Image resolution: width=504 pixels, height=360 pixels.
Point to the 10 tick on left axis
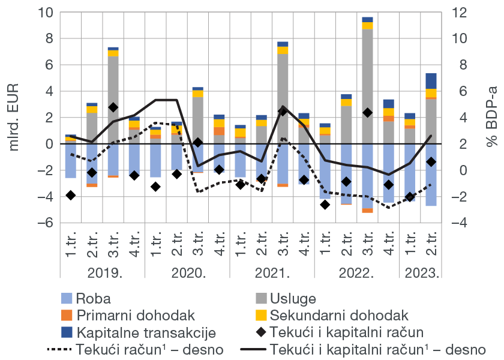[46, 12]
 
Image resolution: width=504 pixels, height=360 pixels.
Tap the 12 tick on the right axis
[458, 12]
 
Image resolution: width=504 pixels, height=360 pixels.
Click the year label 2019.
[103, 274]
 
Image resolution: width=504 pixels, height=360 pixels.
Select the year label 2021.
[273, 274]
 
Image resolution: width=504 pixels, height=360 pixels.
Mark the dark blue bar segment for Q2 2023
[431, 81]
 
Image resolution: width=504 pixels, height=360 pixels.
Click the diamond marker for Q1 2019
[71, 195]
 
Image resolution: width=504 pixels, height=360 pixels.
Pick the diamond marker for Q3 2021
[283, 111]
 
